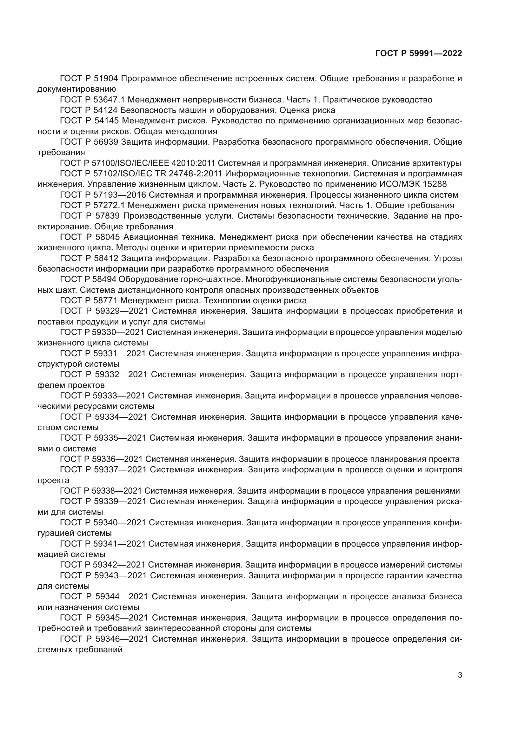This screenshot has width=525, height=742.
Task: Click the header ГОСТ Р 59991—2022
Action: [419, 54]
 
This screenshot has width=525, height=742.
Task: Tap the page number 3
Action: [460, 675]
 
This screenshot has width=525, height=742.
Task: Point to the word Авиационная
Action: [150, 237]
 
